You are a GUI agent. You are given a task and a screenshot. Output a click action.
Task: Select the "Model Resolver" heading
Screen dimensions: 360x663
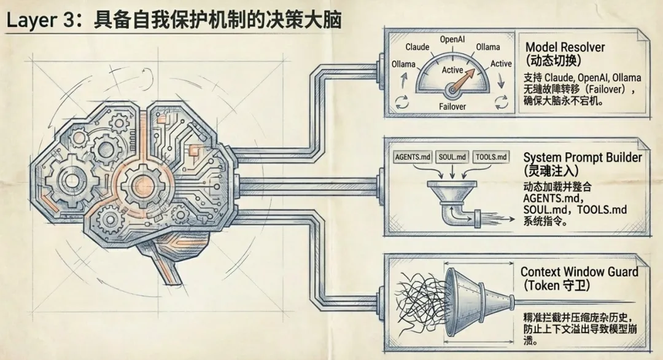coord(565,47)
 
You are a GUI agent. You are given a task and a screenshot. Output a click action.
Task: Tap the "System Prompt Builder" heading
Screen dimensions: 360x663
coord(583,157)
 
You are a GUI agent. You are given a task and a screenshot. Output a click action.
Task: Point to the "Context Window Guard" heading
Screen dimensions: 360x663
coord(579,272)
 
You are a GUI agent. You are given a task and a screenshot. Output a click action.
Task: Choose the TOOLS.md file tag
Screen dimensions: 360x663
coord(492,157)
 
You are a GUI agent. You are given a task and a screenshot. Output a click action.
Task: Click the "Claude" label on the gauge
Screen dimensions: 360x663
coord(417,47)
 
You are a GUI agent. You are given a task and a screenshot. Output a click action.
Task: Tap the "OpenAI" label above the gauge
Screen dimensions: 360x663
coord(452,39)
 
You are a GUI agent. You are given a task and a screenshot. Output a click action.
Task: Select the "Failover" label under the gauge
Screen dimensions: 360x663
coord(452,106)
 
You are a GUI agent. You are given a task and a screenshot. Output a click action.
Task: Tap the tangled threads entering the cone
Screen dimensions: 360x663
coord(417,301)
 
